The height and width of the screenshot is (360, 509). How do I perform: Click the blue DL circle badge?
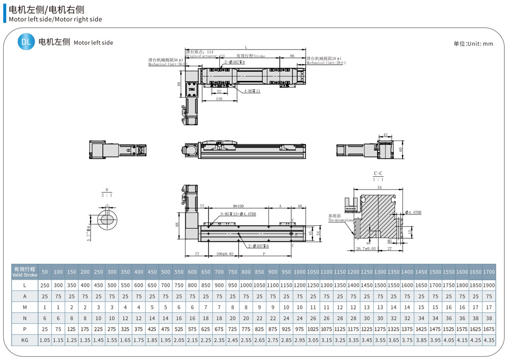(x=26, y=42)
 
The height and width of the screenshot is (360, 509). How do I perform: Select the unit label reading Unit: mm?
(x=473, y=44)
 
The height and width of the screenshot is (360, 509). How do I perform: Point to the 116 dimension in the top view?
(x=219, y=99)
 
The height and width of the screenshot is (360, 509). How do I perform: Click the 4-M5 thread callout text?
(x=252, y=91)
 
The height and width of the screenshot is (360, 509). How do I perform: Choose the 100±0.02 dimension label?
(x=224, y=254)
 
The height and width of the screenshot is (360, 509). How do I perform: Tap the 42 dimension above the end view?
(x=385, y=136)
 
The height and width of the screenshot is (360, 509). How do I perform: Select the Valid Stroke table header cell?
(x=25, y=272)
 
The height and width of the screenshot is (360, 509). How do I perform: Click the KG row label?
(x=25, y=340)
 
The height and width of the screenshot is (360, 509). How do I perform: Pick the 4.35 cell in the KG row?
(x=489, y=340)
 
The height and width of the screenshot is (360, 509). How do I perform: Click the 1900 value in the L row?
(x=489, y=286)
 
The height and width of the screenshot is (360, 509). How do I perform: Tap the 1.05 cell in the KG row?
(x=44, y=340)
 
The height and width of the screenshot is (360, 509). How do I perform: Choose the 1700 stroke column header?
(x=489, y=272)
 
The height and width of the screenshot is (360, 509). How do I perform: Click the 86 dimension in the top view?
(x=292, y=56)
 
